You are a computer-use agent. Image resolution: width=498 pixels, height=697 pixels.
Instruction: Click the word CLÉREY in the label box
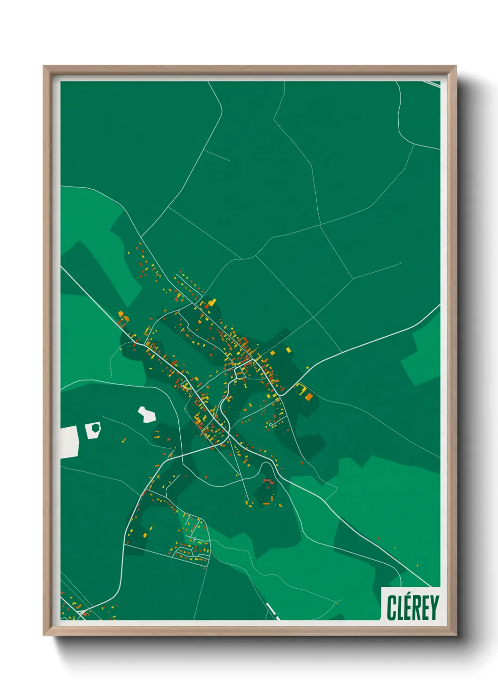pos(413,608)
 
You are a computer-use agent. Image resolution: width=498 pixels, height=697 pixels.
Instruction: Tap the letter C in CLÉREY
pos(392,608)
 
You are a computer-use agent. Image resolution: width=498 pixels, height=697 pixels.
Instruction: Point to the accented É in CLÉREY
pos(409,608)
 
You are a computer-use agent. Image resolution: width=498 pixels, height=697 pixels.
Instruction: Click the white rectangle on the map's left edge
pos(69,441)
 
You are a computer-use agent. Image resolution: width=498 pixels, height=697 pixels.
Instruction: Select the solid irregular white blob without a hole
pos(147,414)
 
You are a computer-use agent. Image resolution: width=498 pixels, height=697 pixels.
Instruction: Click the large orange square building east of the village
pos(309,397)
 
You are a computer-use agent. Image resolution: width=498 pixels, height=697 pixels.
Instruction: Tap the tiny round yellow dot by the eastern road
pos(307,367)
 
